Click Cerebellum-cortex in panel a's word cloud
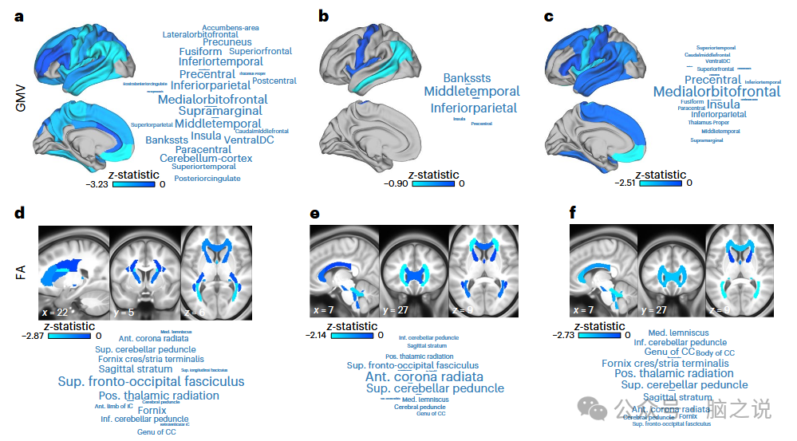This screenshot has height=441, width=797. (x=206, y=159)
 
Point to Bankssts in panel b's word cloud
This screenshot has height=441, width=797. (x=467, y=78)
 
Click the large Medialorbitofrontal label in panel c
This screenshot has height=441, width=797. (x=716, y=92)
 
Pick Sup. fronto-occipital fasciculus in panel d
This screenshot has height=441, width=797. (x=151, y=382)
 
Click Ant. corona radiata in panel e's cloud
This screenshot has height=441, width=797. (x=424, y=376)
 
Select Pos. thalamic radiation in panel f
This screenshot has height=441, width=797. (x=674, y=373)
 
